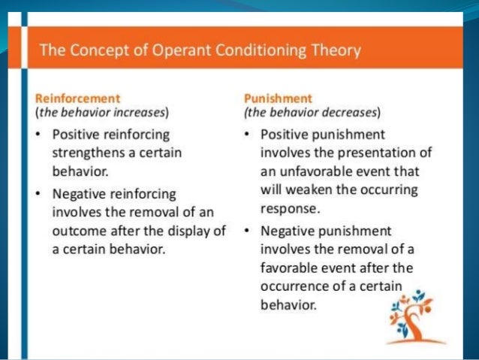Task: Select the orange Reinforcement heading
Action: tap(79, 98)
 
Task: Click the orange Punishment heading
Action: tap(279, 98)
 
